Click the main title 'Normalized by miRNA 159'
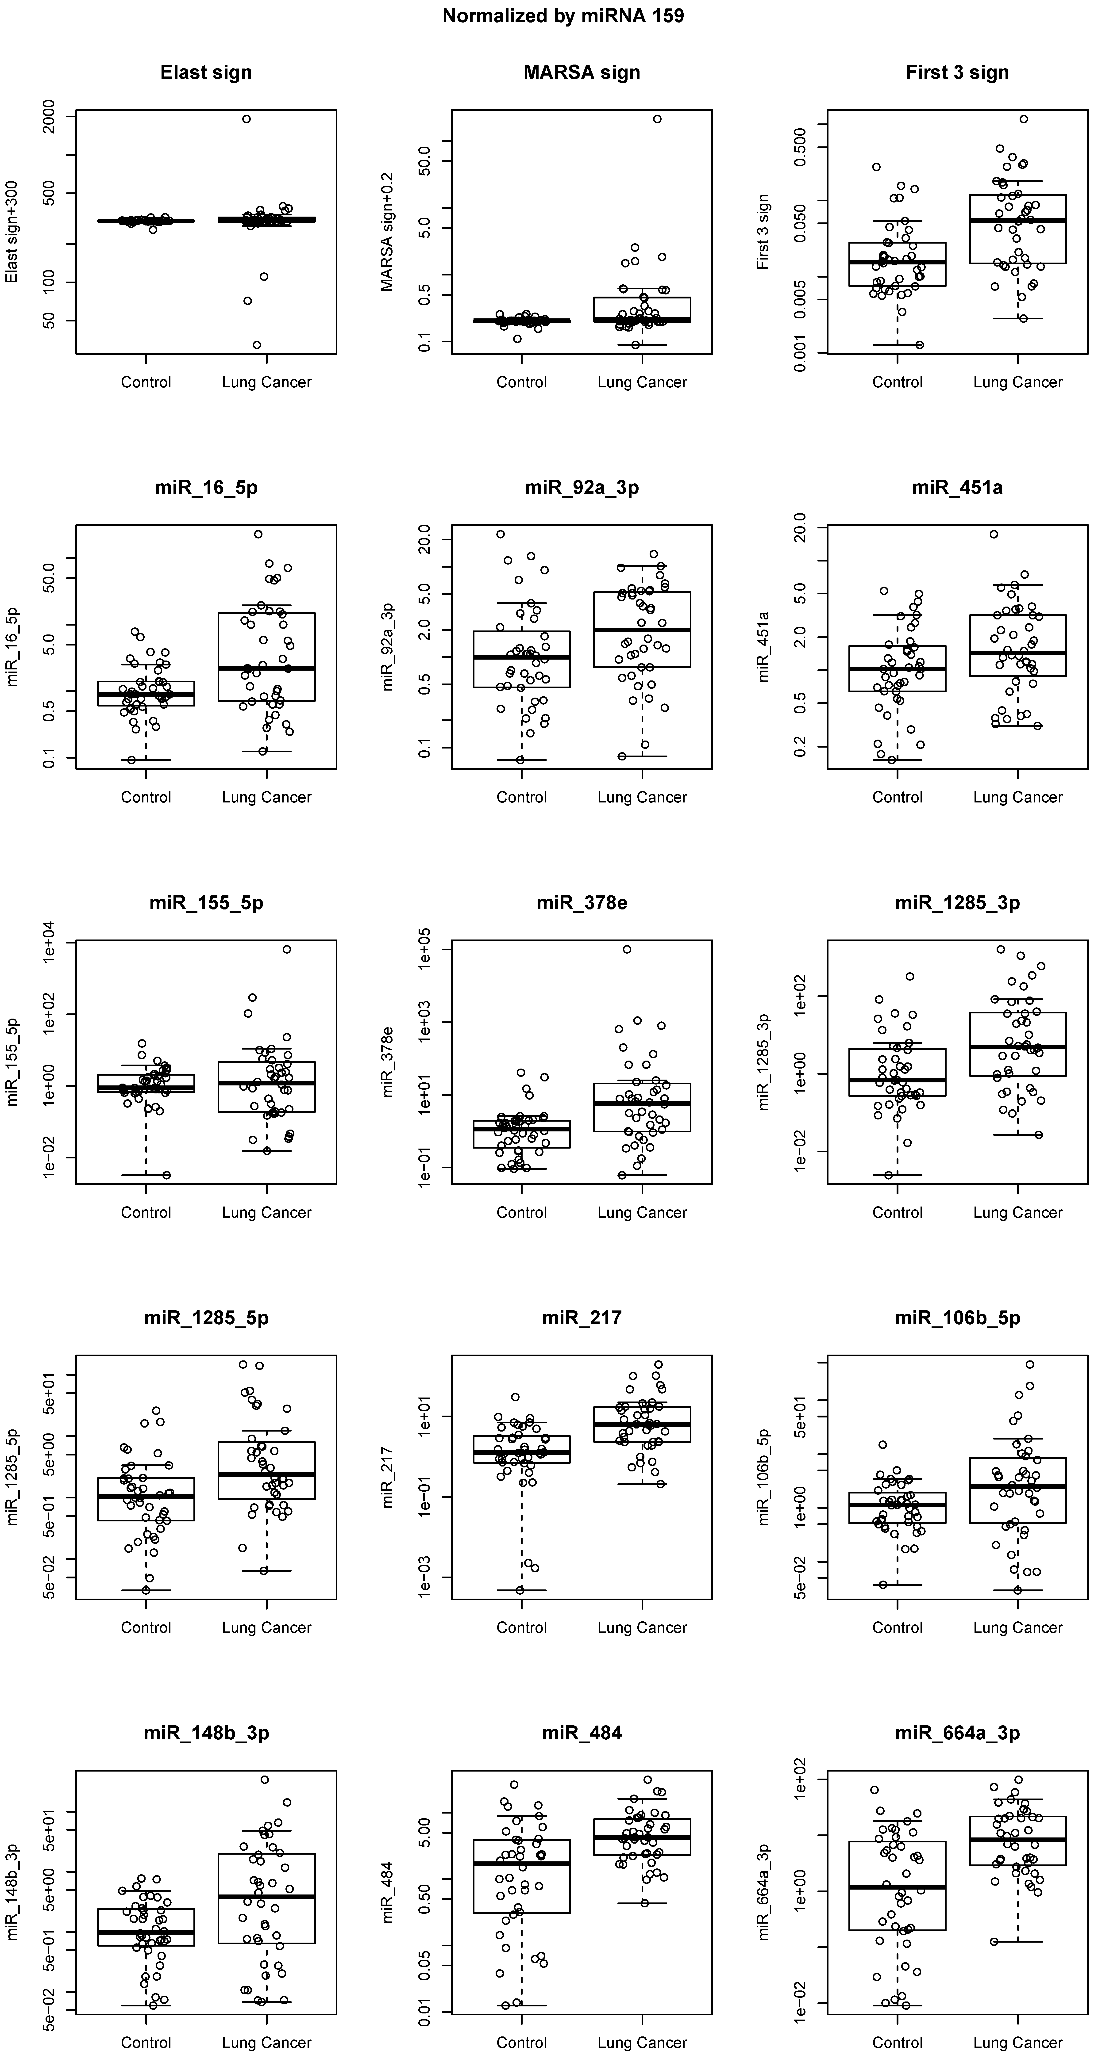click(x=563, y=16)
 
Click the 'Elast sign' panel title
click(x=206, y=72)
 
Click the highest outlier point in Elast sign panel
click(x=247, y=119)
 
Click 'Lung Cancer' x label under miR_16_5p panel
click(x=266, y=797)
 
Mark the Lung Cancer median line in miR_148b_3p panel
click(x=266, y=1896)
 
